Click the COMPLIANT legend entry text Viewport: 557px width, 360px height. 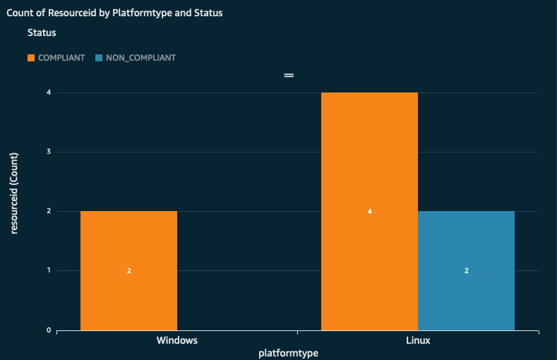(x=61, y=58)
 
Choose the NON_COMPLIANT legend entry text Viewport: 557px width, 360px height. (x=140, y=58)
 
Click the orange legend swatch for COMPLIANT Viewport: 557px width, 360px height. (x=31, y=58)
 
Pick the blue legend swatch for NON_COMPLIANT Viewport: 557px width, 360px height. (x=99, y=58)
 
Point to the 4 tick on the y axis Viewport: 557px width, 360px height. (x=47, y=92)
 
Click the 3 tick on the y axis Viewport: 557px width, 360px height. (x=47, y=152)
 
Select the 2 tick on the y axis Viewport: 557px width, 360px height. (x=47, y=211)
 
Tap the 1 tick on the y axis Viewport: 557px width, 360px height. (x=47, y=270)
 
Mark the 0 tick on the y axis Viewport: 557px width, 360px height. (x=47, y=330)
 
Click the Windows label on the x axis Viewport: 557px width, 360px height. (x=176, y=340)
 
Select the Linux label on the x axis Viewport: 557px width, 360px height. (x=418, y=340)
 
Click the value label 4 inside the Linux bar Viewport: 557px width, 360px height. (x=369, y=211)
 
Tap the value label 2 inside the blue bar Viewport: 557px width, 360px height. (x=466, y=270)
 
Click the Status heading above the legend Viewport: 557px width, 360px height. (x=42, y=32)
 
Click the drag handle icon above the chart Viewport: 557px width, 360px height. (x=288, y=76)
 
